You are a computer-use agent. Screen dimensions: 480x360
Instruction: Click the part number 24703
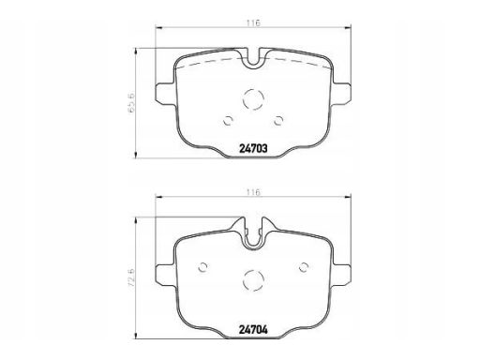(x=253, y=149)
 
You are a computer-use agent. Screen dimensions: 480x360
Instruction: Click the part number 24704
(x=253, y=329)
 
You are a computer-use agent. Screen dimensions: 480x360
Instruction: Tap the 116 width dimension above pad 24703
(x=253, y=22)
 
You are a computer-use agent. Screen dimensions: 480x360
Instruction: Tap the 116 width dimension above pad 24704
(x=253, y=192)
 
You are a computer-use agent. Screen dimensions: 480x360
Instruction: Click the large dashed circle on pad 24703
(x=253, y=99)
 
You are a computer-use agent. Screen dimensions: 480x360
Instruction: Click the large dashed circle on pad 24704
(x=253, y=280)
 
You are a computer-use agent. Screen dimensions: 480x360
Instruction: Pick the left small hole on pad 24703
(x=228, y=121)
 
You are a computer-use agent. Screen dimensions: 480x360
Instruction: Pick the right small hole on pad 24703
(x=277, y=120)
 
